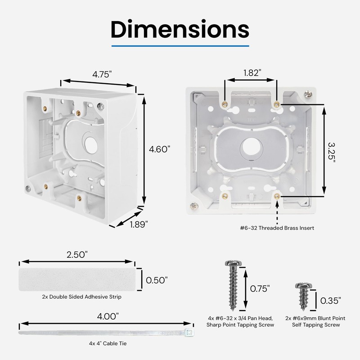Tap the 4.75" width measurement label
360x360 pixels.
(102, 75)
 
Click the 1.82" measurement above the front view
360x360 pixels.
(252, 72)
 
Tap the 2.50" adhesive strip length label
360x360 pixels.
(76, 255)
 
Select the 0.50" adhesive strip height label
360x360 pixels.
(157, 280)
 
